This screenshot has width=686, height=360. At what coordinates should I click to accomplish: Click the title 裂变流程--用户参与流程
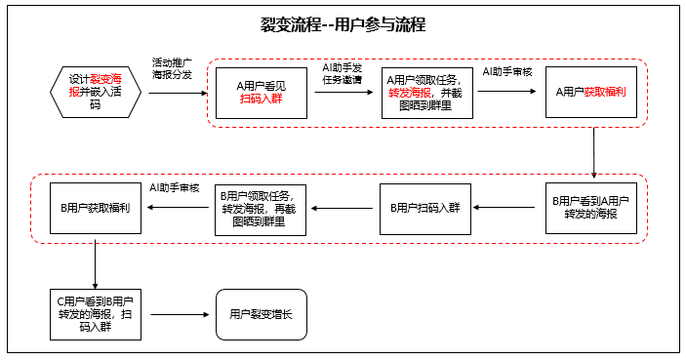(343, 24)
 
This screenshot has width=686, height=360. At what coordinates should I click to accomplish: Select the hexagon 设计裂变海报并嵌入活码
(96, 92)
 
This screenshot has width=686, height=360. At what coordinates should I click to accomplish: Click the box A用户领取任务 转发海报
(426, 93)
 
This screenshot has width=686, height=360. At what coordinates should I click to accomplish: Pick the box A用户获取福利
(590, 93)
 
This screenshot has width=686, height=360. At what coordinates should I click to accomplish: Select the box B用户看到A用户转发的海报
(590, 207)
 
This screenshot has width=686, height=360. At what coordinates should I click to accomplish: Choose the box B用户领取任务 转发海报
(261, 208)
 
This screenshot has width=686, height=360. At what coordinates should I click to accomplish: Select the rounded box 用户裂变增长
(261, 314)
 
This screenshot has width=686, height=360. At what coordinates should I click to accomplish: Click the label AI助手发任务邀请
(343, 74)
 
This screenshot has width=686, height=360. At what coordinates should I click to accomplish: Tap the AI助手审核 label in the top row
(507, 72)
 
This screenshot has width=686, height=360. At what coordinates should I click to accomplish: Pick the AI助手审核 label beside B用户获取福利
(175, 187)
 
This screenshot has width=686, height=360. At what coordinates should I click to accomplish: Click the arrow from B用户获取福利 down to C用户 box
(96, 260)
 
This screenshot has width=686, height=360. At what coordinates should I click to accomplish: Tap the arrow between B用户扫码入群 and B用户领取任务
(343, 208)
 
